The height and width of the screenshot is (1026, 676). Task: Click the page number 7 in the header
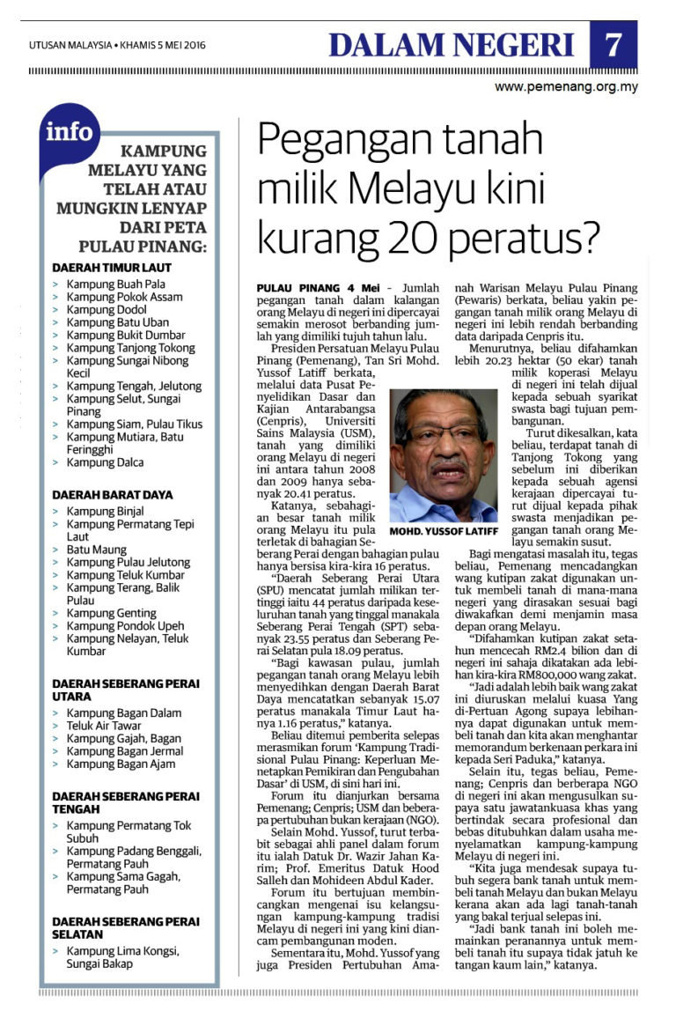[x=614, y=44]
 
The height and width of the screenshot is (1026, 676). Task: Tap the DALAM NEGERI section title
[x=452, y=44]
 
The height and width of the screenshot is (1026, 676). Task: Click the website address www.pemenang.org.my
[x=565, y=87]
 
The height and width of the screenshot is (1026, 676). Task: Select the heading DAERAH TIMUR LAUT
[x=112, y=267]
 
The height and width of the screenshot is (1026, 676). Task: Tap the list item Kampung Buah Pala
[x=117, y=284]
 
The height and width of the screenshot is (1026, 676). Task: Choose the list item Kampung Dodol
[x=107, y=310]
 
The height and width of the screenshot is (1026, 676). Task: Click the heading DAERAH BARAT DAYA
[x=113, y=495]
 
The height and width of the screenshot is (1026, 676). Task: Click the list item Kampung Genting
[x=112, y=613]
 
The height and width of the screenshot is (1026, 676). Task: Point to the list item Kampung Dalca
[x=105, y=462]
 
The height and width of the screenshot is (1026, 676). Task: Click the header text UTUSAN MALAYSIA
[x=70, y=45]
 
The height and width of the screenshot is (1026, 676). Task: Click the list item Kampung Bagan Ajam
[x=120, y=764]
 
